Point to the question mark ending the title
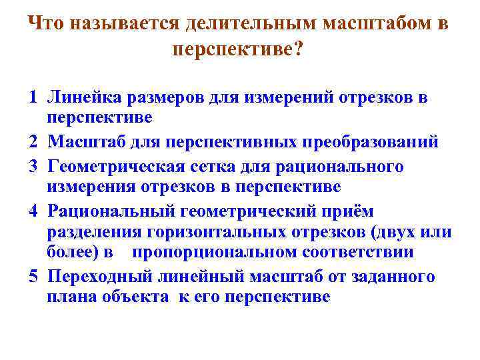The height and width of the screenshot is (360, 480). [297, 50]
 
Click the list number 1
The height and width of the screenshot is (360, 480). [33, 98]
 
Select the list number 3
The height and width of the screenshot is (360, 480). [33, 165]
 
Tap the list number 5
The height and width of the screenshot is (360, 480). [33, 276]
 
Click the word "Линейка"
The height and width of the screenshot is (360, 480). [81, 98]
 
